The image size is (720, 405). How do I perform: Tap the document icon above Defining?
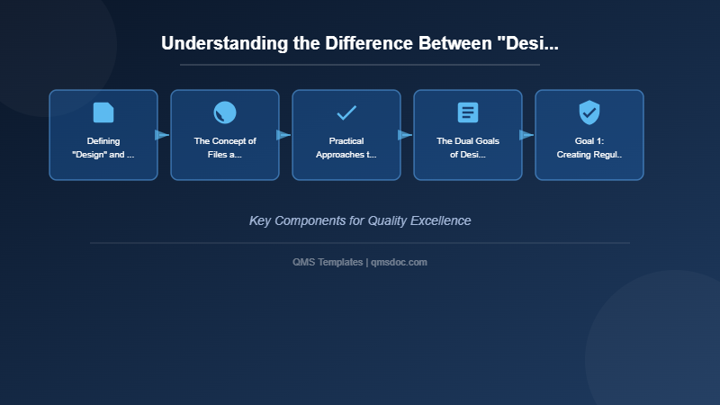pos(103,112)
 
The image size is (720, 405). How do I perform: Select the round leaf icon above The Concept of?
pos(225,112)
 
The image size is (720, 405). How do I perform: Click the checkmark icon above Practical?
pos(346,112)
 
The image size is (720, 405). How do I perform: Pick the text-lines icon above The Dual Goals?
pos(468,112)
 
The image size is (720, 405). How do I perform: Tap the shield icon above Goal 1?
pos(589,112)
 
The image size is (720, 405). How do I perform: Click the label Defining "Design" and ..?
pos(103,148)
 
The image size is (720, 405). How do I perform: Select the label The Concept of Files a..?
pos(225,148)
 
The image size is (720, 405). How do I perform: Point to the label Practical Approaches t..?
pos(346,148)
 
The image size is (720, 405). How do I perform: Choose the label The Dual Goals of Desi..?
pos(468,148)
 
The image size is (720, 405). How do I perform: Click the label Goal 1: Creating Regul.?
pos(589,148)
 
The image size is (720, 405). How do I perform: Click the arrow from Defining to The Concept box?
pos(162,135)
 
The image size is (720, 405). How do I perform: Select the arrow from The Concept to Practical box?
pos(283,135)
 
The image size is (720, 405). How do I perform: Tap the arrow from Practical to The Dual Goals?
pos(405,135)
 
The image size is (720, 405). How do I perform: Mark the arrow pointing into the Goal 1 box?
pos(526,135)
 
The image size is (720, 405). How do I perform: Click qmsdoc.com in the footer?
pos(400,262)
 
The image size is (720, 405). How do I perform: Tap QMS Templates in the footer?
pos(328,262)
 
